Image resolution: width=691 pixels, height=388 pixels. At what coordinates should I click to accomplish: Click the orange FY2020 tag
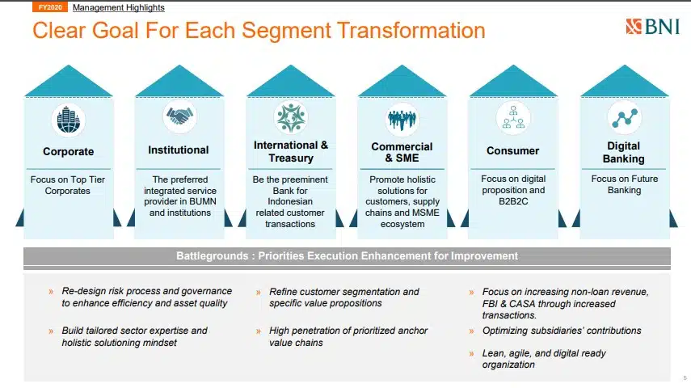(x=50, y=7)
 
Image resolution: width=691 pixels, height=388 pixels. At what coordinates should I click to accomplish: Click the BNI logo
(x=653, y=27)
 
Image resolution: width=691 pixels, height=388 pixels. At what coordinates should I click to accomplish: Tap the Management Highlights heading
(x=119, y=7)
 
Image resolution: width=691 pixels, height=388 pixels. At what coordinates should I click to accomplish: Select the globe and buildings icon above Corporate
(x=69, y=120)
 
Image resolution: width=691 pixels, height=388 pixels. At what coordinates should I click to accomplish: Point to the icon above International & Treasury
(x=290, y=117)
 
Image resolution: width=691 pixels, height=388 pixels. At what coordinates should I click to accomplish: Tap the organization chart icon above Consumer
(x=513, y=118)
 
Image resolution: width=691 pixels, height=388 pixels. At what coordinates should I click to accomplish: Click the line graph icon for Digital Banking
(x=625, y=118)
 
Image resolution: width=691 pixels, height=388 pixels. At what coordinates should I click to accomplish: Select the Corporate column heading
(x=69, y=152)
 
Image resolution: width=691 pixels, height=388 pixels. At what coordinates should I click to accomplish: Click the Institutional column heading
(x=179, y=150)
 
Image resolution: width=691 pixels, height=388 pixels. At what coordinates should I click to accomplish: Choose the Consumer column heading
(x=513, y=151)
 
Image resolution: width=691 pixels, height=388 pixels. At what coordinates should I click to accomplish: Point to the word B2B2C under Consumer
(x=513, y=201)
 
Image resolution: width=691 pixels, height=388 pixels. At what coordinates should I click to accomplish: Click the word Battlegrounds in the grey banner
(x=212, y=256)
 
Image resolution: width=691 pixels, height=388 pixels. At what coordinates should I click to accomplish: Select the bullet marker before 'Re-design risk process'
(x=51, y=292)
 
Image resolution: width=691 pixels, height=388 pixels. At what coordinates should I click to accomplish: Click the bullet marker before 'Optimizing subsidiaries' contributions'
(x=471, y=331)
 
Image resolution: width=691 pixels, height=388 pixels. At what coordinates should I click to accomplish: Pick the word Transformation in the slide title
(x=411, y=31)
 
